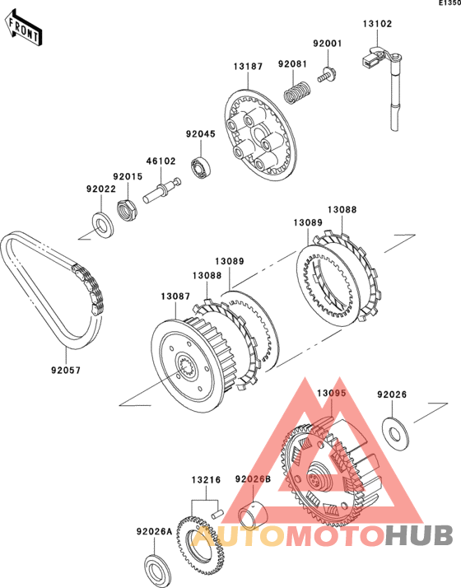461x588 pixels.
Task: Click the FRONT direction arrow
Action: tap(24, 28)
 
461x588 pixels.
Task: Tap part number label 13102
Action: tap(377, 24)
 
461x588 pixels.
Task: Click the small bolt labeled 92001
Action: tap(327, 74)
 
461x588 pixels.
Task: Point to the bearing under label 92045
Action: tap(202, 167)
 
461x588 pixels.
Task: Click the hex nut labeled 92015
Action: tap(127, 210)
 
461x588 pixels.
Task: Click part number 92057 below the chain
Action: tap(66, 370)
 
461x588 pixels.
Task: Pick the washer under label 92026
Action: tap(395, 432)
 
